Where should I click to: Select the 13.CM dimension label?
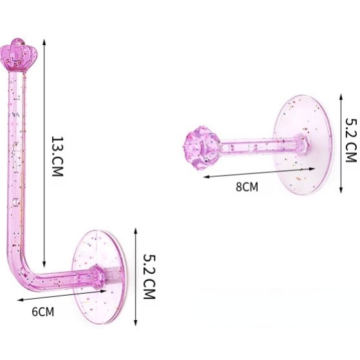pyautogui.click(x=57, y=157)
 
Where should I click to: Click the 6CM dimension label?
pyautogui.click(x=43, y=312)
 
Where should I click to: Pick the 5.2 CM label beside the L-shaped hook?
pyautogui.click(x=148, y=276)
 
